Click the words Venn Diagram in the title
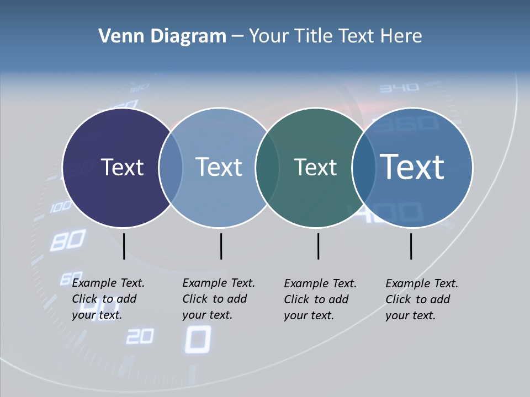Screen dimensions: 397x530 (162, 36)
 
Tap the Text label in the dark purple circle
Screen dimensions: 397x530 (122, 167)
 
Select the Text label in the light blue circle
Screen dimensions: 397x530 (219, 167)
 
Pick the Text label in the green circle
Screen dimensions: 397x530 (315, 167)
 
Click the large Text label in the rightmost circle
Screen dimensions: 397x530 (412, 167)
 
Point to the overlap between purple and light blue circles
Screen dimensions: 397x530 (171, 167)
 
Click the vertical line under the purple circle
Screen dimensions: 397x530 (124, 246)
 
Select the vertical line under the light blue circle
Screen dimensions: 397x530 (221, 246)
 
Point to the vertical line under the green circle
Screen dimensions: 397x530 (318, 246)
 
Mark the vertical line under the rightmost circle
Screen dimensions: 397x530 (411, 246)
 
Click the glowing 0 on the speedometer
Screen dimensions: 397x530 (197, 339)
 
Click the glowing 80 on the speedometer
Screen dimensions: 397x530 (67, 241)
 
